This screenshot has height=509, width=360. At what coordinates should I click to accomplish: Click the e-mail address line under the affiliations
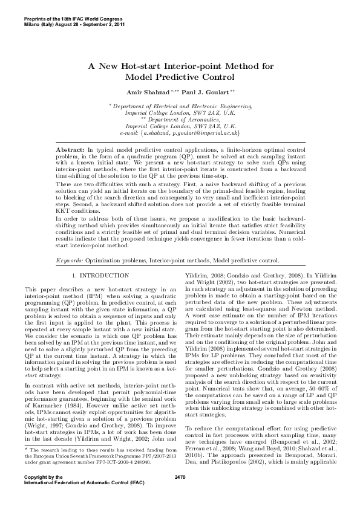(180, 131)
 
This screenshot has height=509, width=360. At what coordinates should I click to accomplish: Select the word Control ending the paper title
(214, 77)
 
